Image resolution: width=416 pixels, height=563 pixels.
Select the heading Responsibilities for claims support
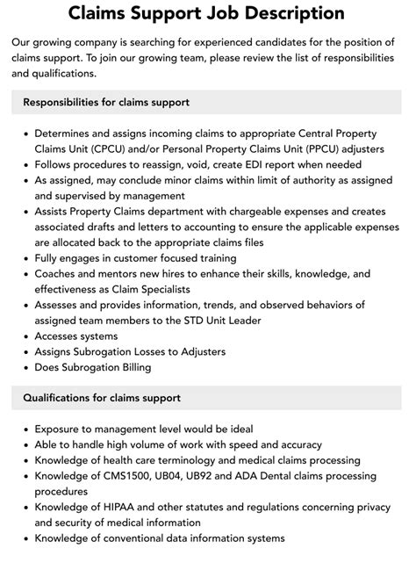107,103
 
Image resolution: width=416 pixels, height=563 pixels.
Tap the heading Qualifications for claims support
102,398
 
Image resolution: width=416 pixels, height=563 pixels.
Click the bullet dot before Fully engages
25,259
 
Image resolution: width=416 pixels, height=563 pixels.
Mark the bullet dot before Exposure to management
25,429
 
